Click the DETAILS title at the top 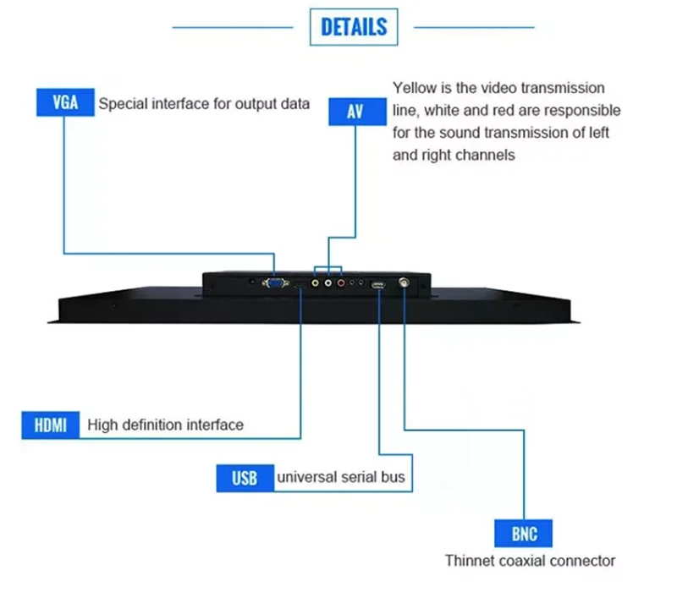click(x=354, y=27)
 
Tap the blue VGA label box click(x=65, y=103)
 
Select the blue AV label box click(x=355, y=111)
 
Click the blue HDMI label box click(x=50, y=425)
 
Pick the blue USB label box click(x=245, y=478)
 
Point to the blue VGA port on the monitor click(x=274, y=284)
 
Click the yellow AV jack click(x=315, y=285)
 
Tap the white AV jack click(x=328, y=285)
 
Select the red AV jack click(x=341, y=285)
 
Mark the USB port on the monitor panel click(x=378, y=285)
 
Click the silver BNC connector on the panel click(x=405, y=285)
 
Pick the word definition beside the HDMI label click(x=157, y=425)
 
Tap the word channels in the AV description click(x=487, y=156)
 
